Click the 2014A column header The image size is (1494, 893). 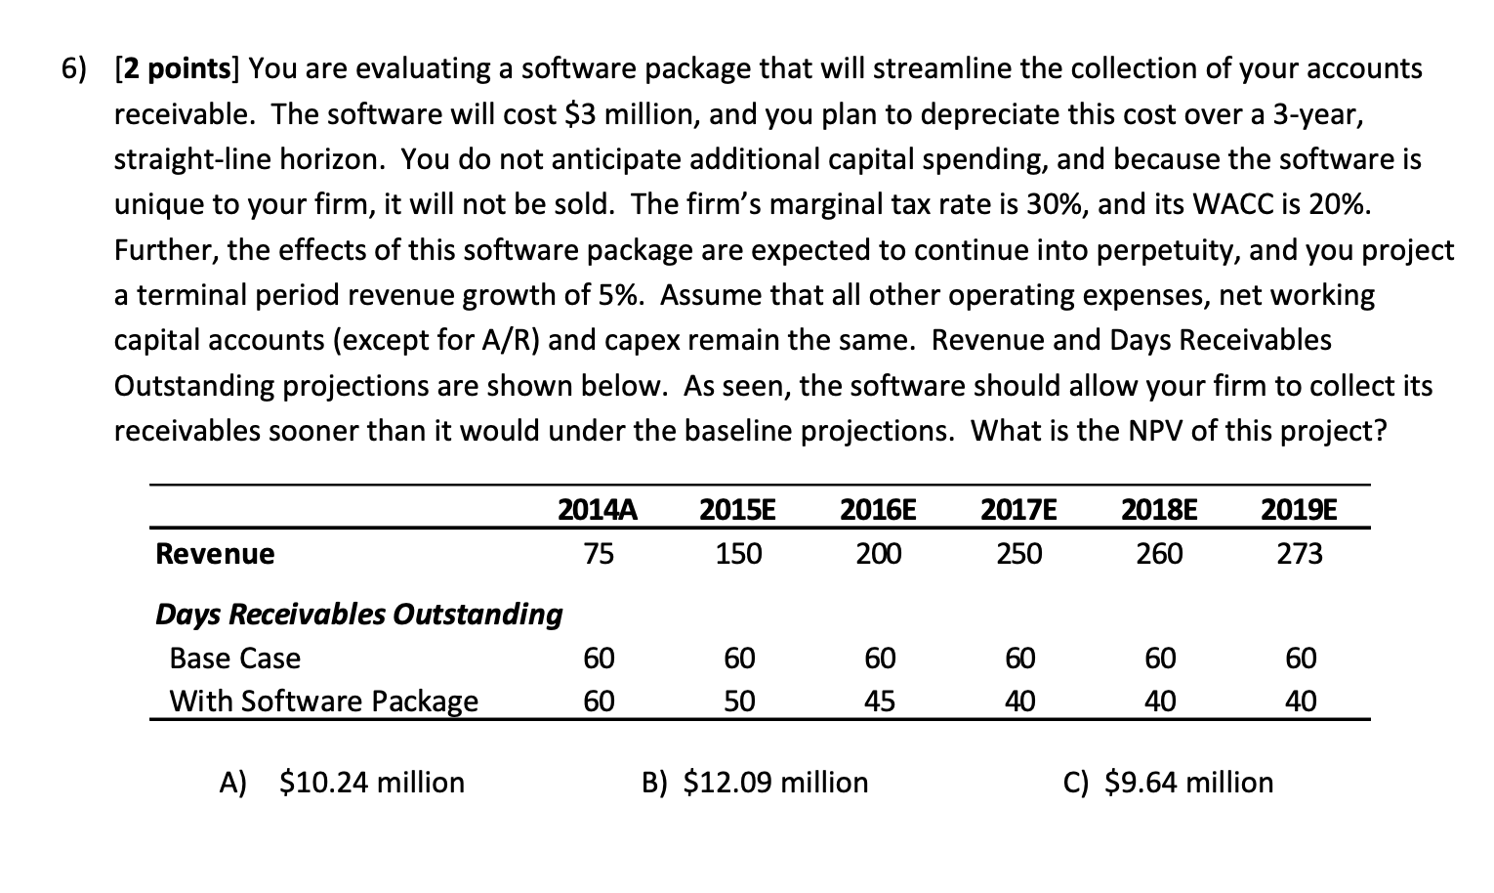pos(598,510)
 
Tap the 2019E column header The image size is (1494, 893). pos(1300,510)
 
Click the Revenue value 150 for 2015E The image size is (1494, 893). pos(738,554)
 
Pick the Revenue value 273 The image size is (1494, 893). pos(1300,554)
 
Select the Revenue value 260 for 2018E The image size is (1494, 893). pos(1159,554)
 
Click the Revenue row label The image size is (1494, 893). pos(215,554)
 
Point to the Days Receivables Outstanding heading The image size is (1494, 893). pos(358,614)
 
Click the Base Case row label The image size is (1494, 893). pos(234,658)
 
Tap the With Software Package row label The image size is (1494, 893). pos(323,702)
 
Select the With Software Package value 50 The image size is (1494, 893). pos(739,702)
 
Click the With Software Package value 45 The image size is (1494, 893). pos(879,702)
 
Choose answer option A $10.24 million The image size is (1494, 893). pos(343,782)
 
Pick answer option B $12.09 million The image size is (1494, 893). pos(755,782)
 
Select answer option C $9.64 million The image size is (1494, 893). pos(1168,782)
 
